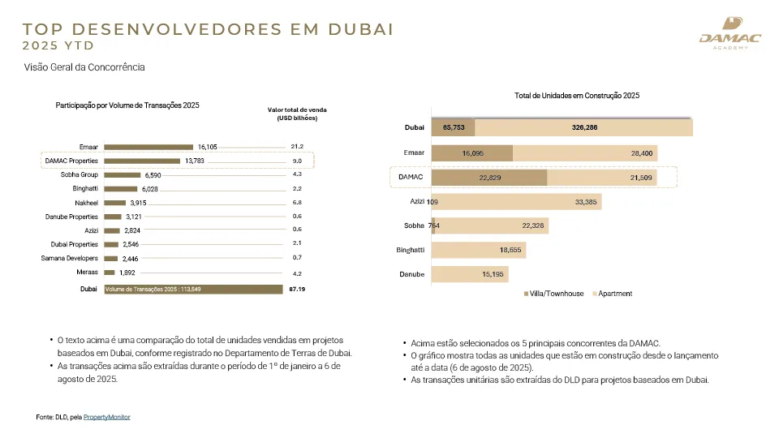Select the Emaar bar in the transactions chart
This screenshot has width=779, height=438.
click(149, 147)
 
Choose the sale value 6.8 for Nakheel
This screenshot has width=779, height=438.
click(296, 202)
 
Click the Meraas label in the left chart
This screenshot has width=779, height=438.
click(88, 273)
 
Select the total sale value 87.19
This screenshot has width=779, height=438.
click(296, 289)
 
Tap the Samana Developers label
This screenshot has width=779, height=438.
click(70, 258)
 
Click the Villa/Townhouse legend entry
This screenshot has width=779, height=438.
click(555, 294)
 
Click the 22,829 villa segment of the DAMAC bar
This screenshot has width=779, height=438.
click(489, 178)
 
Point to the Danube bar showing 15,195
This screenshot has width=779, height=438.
click(471, 275)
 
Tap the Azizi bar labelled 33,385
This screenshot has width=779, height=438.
click(519, 202)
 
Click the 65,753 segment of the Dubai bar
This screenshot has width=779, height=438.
click(453, 127)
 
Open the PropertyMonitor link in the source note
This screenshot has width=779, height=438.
click(106, 417)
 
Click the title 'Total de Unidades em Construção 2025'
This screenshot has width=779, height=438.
click(577, 96)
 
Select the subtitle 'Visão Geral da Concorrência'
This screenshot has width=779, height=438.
click(84, 67)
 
